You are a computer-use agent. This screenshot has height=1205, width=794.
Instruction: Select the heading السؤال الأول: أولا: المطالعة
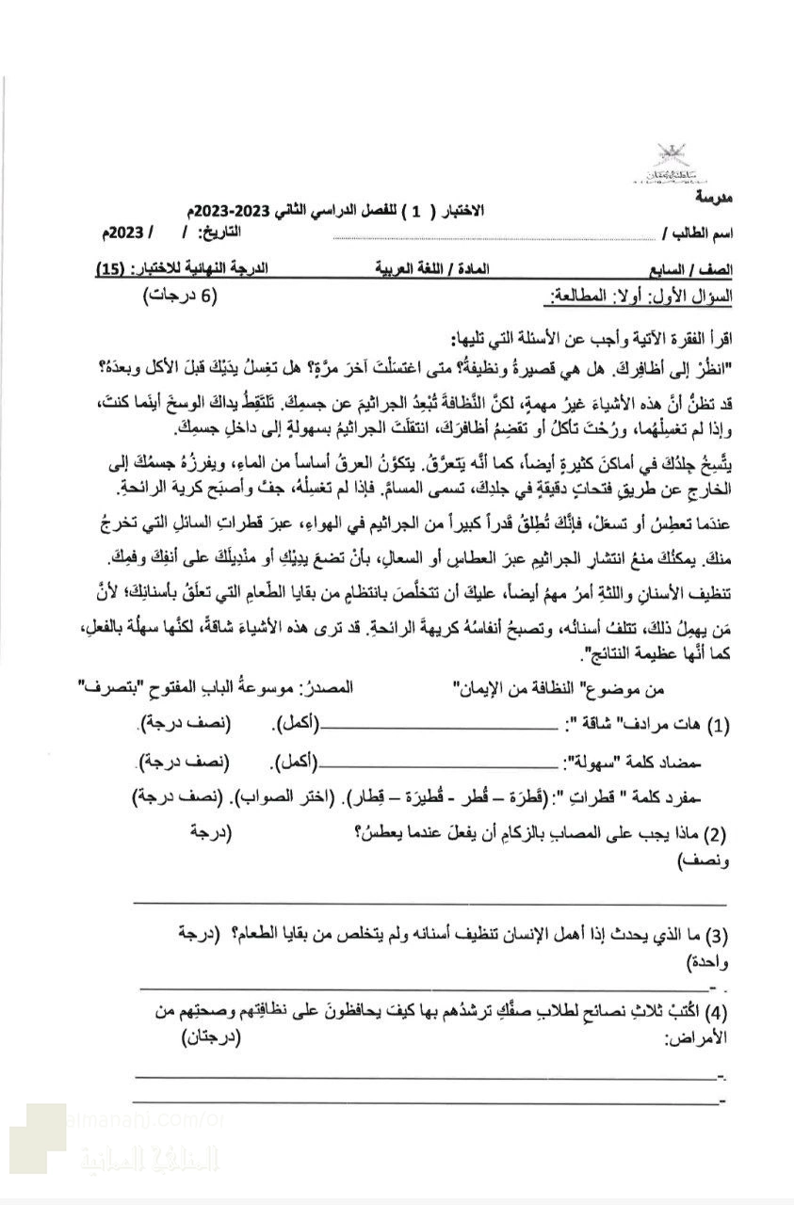640,297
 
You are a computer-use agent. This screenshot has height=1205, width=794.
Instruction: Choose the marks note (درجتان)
211,1036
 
